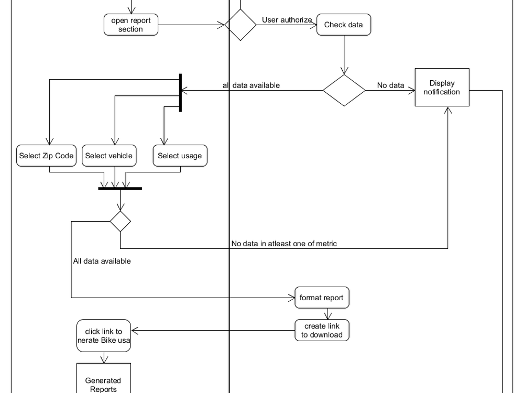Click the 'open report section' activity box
click(130, 25)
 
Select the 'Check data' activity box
click(343, 25)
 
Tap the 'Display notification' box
click(442, 88)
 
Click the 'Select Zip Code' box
click(46, 156)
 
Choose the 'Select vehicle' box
click(109, 156)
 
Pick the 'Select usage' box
click(180, 156)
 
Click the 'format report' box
click(321, 298)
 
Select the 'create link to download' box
click(321, 331)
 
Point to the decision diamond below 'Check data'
click(344, 90)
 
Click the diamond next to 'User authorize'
click(240, 25)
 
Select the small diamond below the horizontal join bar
click(120, 222)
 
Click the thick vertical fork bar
click(180, 93)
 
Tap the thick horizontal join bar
click(120, 188)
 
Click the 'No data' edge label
click(390, 85)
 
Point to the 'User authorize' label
click(287, 20)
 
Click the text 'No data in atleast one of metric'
click(284, 243)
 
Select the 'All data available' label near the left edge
click(102, 261)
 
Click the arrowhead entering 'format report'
click(292, 298)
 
